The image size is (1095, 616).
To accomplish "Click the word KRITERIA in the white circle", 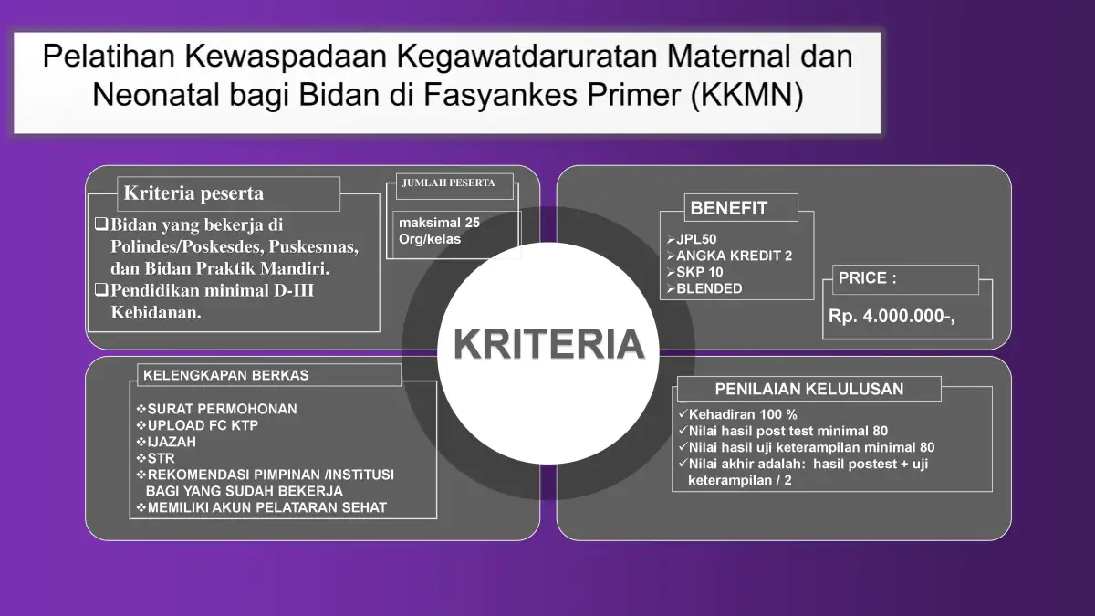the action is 548,344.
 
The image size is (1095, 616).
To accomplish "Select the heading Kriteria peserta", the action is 193,193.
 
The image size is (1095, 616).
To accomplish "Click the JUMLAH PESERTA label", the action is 448,183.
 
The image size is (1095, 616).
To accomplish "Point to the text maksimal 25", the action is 439,223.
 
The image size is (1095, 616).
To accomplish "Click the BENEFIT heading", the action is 728,208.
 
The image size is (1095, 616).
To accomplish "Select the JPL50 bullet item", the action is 692,239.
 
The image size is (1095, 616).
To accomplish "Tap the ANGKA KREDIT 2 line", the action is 729,256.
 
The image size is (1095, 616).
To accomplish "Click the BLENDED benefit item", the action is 704,288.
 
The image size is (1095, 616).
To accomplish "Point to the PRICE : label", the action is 867,277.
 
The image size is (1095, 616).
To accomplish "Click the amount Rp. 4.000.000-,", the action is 892,317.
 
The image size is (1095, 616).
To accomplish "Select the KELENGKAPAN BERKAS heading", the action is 226,375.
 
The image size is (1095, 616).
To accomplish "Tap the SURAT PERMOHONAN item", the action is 216,409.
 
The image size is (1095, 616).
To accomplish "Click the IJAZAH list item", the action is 166,442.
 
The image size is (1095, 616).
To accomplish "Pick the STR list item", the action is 155,458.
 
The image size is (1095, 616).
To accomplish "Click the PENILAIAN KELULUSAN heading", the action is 809,389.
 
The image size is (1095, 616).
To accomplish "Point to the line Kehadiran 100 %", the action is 738,414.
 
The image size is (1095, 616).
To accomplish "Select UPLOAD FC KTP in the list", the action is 197,425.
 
